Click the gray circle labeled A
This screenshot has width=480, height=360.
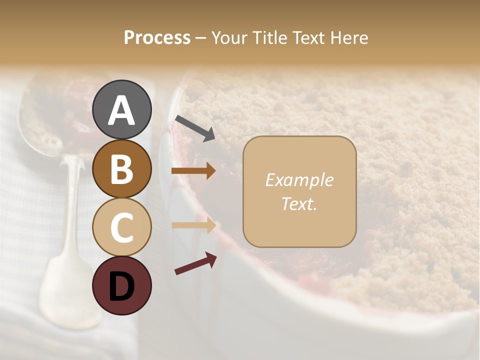tap(122, 109)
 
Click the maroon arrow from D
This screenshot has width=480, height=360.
tap(195, 263)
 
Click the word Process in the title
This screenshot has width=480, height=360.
tap(157, 38)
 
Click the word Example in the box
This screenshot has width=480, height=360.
tap(299, 180)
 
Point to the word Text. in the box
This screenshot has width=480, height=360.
tap(299, 203)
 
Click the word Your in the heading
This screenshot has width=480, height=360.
tap(229, 38)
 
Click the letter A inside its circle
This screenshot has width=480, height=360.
tap(122, 110)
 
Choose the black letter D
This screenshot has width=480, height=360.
tap(122, 286)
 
